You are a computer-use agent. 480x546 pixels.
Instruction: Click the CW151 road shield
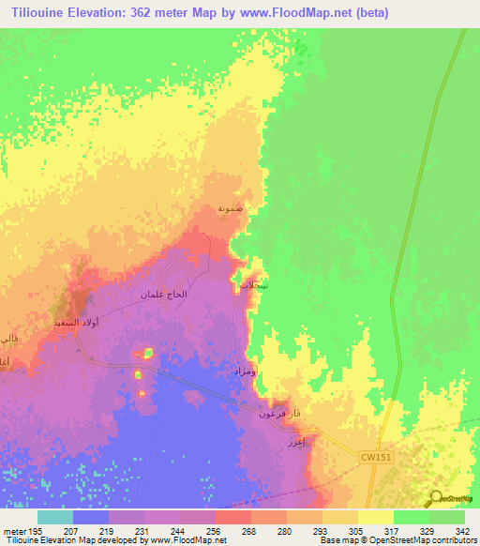373,457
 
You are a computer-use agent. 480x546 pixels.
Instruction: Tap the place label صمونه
232,208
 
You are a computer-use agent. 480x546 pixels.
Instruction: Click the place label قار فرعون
279,412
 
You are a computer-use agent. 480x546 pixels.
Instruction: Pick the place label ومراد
244,372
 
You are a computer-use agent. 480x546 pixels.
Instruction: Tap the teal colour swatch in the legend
55,517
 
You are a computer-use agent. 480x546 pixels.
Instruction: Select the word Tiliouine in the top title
38,13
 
